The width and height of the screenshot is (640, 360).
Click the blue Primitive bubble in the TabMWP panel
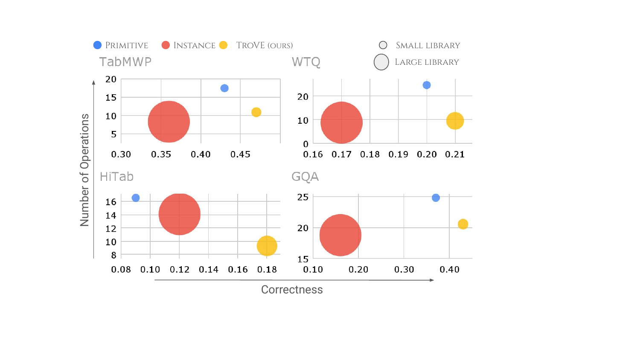tap(224, 88)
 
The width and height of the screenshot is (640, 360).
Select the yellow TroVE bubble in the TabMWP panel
tap(256, 112)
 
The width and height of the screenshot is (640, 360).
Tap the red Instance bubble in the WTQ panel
tap(341, 122)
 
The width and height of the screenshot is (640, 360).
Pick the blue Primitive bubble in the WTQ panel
tap(427, 85)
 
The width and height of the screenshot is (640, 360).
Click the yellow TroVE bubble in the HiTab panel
tap(267, 246)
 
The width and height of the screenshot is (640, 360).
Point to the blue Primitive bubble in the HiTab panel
tap(136, 198)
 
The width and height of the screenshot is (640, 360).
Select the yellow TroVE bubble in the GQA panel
tap(463, 224)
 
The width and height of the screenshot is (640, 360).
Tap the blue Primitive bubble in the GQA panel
tap(436, 198)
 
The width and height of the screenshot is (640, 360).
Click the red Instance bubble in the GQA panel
tap(340, 235)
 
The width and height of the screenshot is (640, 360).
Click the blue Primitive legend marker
tap(97, 45)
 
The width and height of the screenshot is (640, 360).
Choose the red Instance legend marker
tap(166, 45)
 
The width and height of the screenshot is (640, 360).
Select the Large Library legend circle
tap(381, 62)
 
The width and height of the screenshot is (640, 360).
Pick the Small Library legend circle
tap(383, 45)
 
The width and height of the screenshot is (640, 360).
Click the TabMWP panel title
tap(125, 62)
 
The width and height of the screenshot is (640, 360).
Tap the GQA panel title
tap(305, 177)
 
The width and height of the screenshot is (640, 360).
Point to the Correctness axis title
tap(292, 290)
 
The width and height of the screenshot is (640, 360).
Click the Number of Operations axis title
tap(84, 170)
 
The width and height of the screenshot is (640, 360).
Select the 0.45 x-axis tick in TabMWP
tap(240, 154)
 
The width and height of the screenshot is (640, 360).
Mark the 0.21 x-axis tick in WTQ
tap(455, 154)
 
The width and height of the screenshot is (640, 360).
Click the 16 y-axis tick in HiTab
tap(111, 202)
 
